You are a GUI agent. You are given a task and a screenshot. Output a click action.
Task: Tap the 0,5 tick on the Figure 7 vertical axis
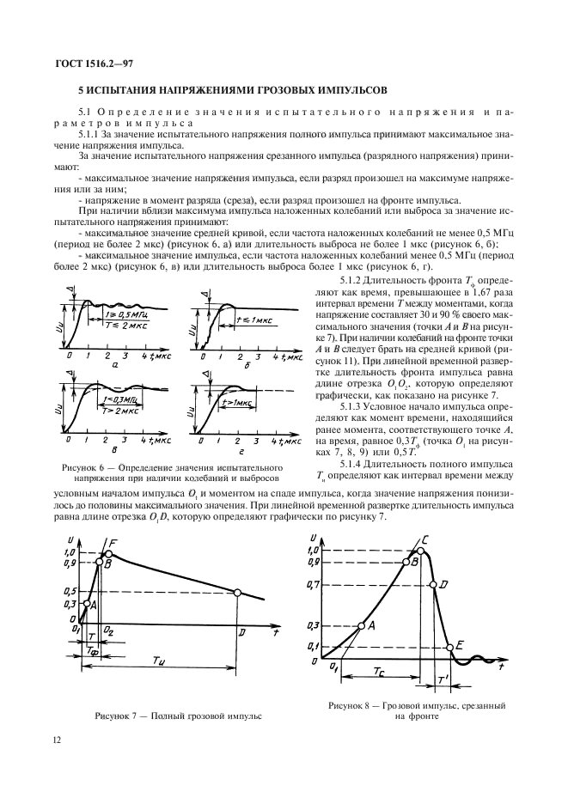point(69,591)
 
